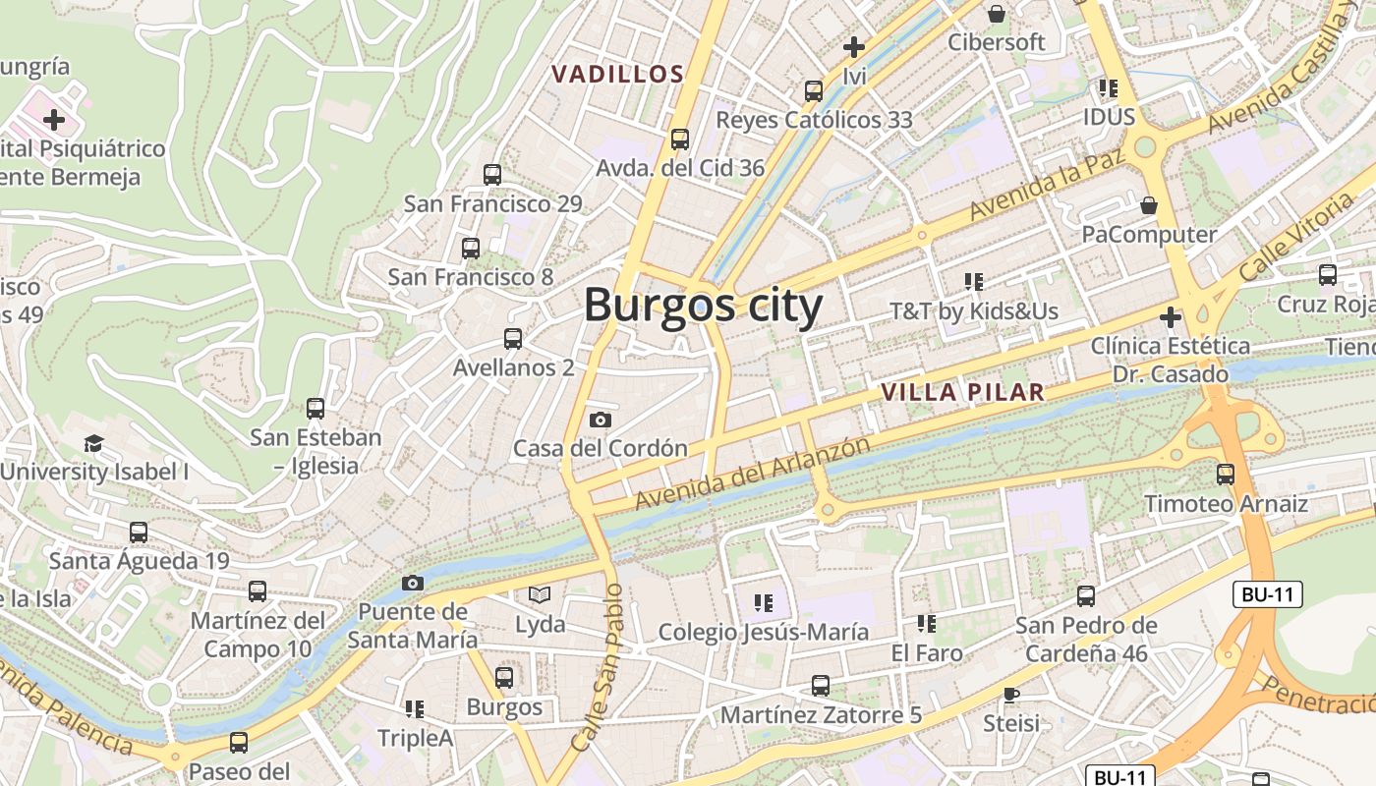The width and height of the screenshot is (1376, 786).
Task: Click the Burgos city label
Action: click(703, 306)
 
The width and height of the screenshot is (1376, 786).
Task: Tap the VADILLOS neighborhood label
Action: click(617, 75)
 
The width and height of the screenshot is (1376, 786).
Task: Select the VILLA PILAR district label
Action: click(961, 392)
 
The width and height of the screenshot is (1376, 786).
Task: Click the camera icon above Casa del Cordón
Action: click(600, 420)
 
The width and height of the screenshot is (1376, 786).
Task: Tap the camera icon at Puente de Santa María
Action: click(413, 583)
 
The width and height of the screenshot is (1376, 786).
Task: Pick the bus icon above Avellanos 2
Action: click(512, 339)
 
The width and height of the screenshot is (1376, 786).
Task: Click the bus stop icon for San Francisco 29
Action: click(492, 175)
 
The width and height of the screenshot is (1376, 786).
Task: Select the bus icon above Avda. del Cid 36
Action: click(679, 140)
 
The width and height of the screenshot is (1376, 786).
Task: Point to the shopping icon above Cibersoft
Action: click(997, 14)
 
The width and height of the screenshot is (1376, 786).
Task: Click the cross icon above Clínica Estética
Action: click(1170, 317)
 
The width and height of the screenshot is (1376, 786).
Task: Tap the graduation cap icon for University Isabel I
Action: click(93, 443)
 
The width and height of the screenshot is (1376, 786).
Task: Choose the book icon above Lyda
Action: click(540, 594)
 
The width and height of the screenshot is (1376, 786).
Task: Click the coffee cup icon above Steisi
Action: click(1011, 695)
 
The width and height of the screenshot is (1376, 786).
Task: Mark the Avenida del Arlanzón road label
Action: click(752, 474)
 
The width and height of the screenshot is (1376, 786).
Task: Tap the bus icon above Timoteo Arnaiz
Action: click(1226, 475)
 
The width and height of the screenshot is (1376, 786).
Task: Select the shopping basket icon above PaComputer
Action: click(1148, 205)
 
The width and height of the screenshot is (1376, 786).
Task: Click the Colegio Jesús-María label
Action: click(764, 632)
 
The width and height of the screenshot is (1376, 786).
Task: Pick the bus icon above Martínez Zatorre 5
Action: click(821, 686)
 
